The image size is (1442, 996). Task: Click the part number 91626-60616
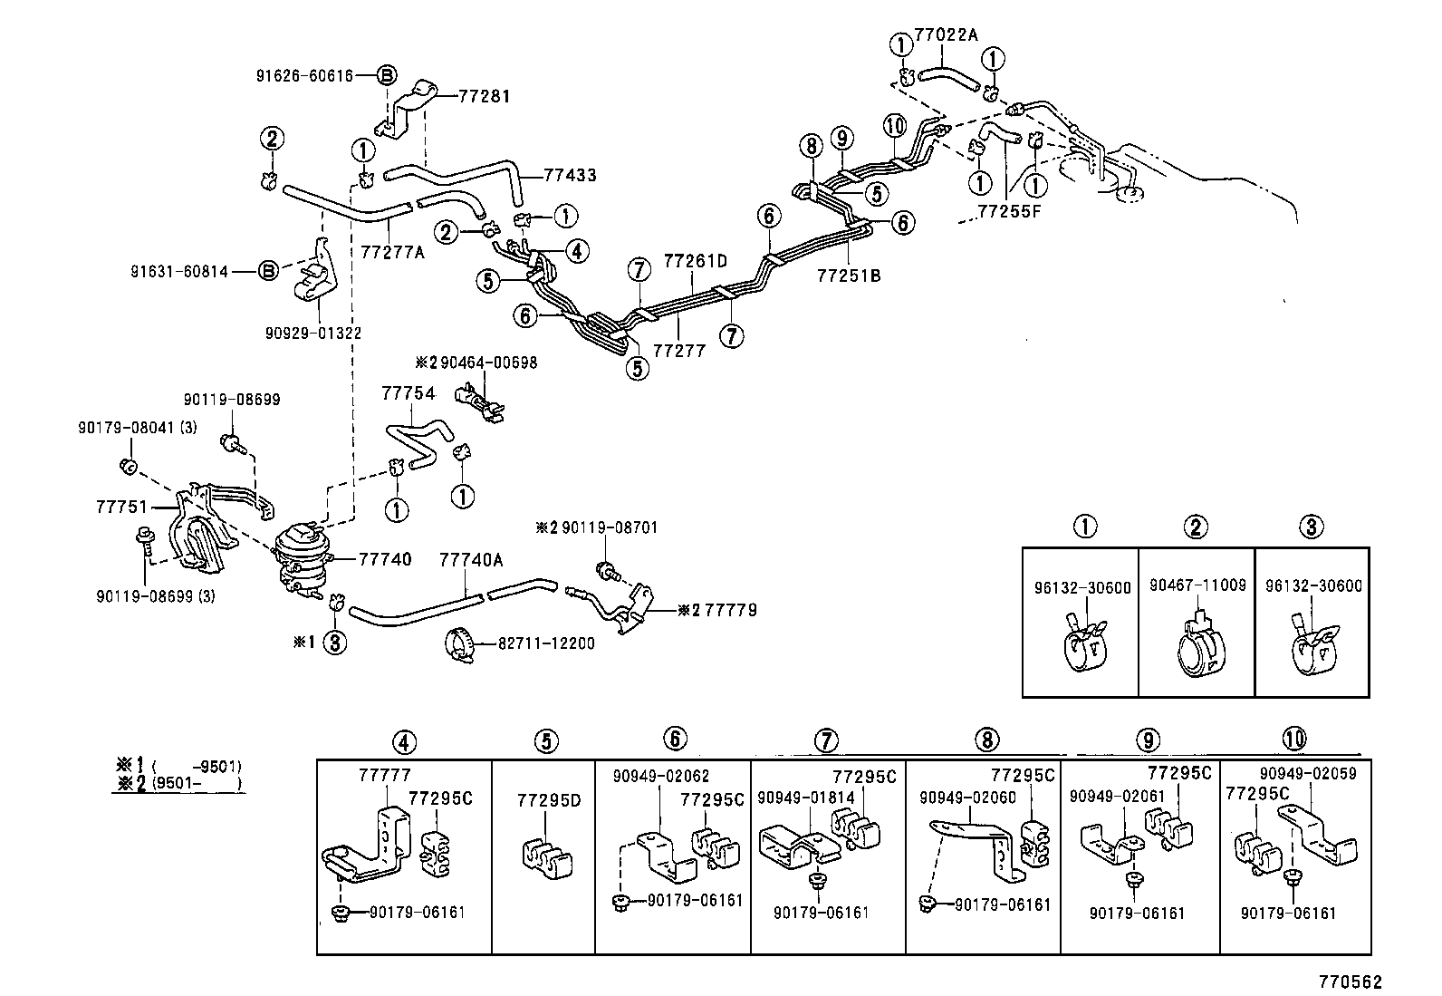click(304, 76)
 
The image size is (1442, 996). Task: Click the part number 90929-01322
click(313, 333)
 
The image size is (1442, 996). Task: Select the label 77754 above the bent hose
click(408, 393)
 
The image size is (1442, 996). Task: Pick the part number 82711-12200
click(546, 643)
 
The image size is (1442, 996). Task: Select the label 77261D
click(696, 260)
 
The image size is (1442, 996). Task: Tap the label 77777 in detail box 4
click(384, 776)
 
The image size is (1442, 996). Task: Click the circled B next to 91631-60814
click(268, 270)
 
